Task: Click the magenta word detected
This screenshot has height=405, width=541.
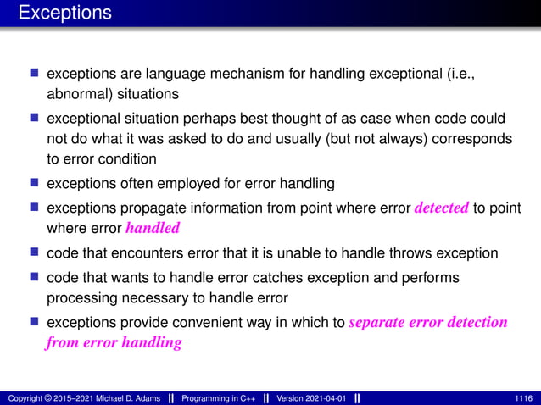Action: coord(441,208)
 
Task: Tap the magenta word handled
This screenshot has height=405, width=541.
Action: coord(153,227)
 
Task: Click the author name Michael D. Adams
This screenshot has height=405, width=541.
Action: coord(112,398)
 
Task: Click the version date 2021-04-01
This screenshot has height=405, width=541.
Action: coord(327,398)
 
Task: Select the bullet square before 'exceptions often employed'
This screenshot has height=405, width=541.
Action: coord(35,182)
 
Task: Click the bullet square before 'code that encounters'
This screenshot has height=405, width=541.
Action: coord(35,253)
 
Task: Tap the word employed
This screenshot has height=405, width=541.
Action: coord(188,182)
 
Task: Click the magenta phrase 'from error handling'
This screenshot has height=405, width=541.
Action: coord(114,342)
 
